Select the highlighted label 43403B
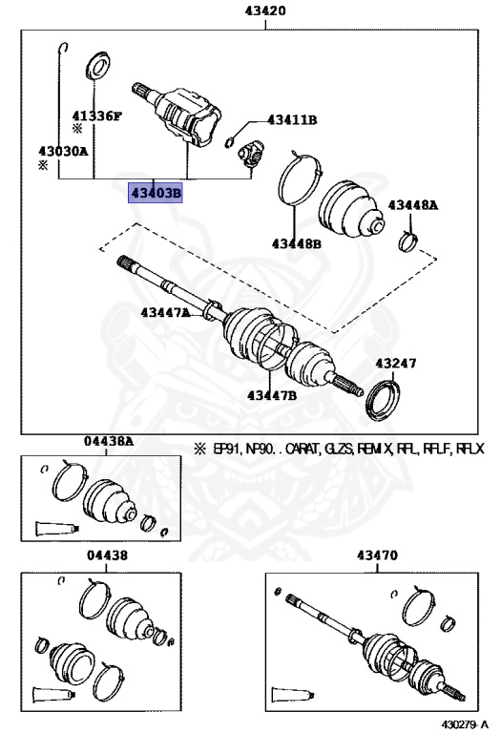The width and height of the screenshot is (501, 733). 156,194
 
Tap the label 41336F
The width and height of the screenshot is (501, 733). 98,115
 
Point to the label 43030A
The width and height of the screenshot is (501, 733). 62,151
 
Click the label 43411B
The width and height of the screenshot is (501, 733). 291,120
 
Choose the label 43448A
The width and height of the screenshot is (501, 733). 412,205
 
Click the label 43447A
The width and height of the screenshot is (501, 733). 166,312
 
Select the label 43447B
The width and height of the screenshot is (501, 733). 272,394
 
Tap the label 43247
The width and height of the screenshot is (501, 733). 396,363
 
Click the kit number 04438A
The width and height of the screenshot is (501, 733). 108,441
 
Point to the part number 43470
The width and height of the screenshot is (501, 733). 378,555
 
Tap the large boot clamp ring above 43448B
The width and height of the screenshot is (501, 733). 300,178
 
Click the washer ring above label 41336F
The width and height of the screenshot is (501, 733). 96,68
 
